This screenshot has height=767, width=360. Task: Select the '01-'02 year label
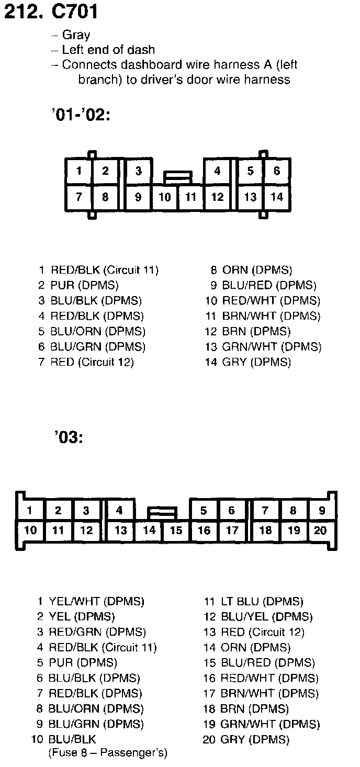tap(81, 115)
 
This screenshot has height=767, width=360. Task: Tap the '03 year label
tap(68, 437)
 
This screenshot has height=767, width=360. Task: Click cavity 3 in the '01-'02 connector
tap(138, 171)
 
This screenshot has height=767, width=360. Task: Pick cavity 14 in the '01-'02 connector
tap(276, 197)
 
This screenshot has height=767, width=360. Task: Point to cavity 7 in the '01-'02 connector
tap(78, 197)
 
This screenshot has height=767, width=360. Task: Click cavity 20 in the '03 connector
tap(320, 531)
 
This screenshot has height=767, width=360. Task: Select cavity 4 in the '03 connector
tap(119, 511)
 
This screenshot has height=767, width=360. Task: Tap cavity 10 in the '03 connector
tap(30, 531)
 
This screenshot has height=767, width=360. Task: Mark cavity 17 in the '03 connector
tap(232, 531)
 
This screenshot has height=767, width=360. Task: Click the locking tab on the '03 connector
tap(162, 512)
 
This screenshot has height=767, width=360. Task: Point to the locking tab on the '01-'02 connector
tap(178, 177)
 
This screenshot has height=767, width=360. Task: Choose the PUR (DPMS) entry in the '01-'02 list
tap(84, 286)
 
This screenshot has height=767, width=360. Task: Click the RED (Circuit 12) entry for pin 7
tap(92, 362)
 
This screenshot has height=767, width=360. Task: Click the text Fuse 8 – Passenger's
tap(108, 753)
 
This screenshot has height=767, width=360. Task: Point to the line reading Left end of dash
tap(108, 50)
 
